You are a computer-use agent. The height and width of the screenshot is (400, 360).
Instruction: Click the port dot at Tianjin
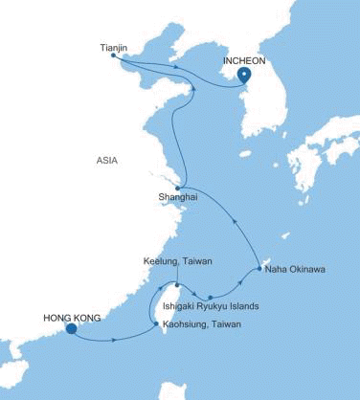[113, 55]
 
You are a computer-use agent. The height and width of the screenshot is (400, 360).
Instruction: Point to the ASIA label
[106, 161]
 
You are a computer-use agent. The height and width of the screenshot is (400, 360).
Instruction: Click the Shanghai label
[178, 197]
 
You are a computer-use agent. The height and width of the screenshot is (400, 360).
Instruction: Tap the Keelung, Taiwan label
[177, 260]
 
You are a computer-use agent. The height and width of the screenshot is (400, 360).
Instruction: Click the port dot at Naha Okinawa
[260, 270]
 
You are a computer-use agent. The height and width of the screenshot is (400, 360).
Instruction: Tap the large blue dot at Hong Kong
[71, 330]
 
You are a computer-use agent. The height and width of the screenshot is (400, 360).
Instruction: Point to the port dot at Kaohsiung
[158, 325]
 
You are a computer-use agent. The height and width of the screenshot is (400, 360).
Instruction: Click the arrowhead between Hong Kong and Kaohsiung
[115, 339]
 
